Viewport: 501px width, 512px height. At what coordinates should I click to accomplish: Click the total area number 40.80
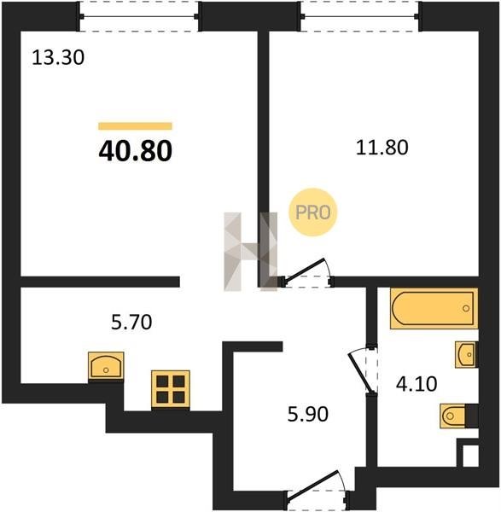[135, 151]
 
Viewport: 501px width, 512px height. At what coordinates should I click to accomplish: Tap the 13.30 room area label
[58, 58]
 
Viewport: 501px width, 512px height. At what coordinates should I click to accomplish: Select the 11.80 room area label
[382, 148]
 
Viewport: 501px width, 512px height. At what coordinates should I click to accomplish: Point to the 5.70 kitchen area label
[131, 322]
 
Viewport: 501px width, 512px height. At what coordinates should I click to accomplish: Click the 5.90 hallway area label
[307, 415]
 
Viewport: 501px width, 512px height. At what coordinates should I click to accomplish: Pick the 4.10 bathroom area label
[417, 384]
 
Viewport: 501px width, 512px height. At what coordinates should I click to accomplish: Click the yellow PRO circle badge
[313, 212]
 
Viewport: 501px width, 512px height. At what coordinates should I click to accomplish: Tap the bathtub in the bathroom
[434, 308]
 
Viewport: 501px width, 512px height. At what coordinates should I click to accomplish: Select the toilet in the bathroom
[459, 416]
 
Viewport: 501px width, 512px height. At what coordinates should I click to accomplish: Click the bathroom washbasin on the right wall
[466, 355]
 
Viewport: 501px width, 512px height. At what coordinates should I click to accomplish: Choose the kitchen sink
[106, 366]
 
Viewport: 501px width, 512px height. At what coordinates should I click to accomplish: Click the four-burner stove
[171, 389]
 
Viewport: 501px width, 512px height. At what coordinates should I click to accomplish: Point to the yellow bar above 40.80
[135, 126]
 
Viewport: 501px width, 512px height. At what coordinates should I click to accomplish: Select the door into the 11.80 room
[307, 274]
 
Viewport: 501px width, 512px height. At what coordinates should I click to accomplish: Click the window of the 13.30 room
[139, 16]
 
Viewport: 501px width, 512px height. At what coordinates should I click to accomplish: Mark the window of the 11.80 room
[359, 16]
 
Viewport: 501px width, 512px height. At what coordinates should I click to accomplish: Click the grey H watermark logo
[251, 252]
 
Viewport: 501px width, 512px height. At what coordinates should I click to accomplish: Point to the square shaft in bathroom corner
[470, 455]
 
